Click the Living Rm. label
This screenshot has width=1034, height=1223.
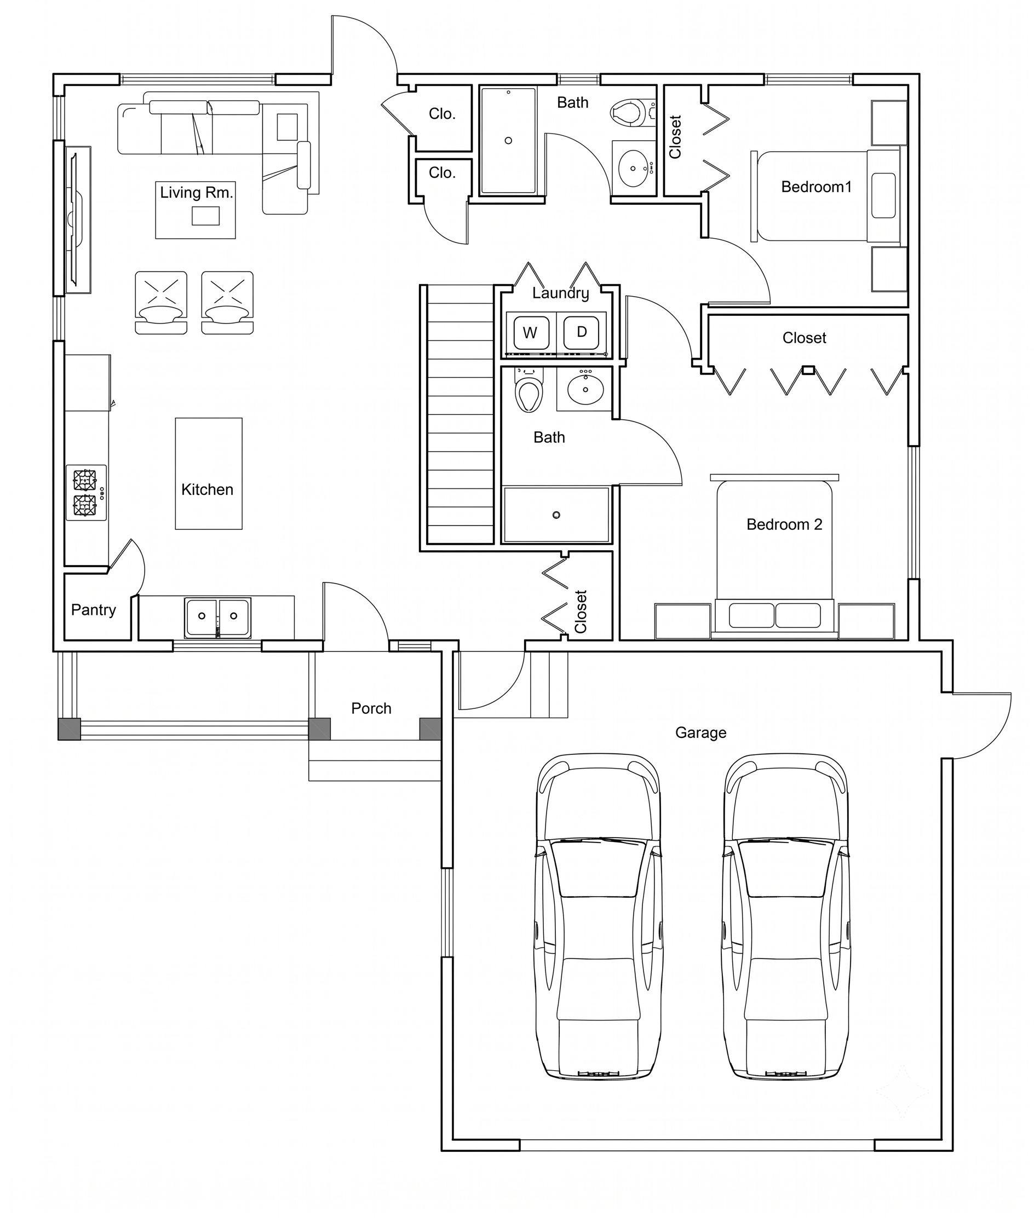[x=197, y=192]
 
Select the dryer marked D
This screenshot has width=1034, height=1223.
[x=581, y=332]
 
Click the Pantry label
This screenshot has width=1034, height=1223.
[x=93, y=610]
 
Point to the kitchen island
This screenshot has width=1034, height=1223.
[x=209, y=474]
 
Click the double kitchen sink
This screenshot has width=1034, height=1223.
[x=217, y=618]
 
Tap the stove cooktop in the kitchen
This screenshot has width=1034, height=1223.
[x=86, y=492]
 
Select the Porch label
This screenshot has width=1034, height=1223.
[x=371, y=708]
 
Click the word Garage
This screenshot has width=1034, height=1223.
[x=700, y=732]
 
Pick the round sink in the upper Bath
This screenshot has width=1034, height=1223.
[x=633, y=168]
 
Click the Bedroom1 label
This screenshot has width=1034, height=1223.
[x=816, y=187]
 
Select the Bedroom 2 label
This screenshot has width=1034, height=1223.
[x=784, y=524]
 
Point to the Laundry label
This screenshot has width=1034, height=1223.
[x=560, y=293]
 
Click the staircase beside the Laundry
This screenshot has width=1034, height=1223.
[x=461, y=415]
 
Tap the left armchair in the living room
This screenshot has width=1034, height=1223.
[x=161, y=302]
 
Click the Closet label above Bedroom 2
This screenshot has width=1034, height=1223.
[x=804, y=338]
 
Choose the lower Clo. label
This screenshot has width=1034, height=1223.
[x=442, y=173]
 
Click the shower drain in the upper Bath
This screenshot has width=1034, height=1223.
[x=508, y=141]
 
